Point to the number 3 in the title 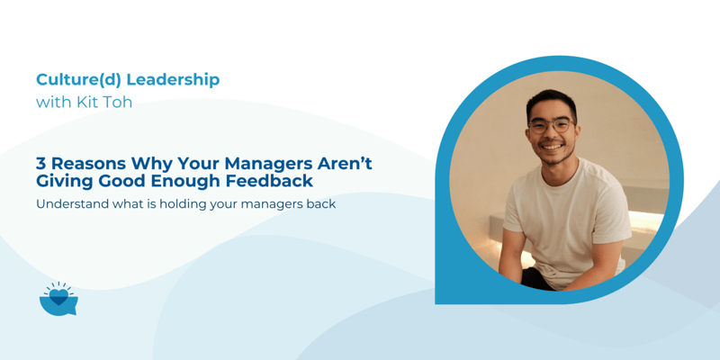[x=41, y=164]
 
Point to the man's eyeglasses [x=550, y=125]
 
